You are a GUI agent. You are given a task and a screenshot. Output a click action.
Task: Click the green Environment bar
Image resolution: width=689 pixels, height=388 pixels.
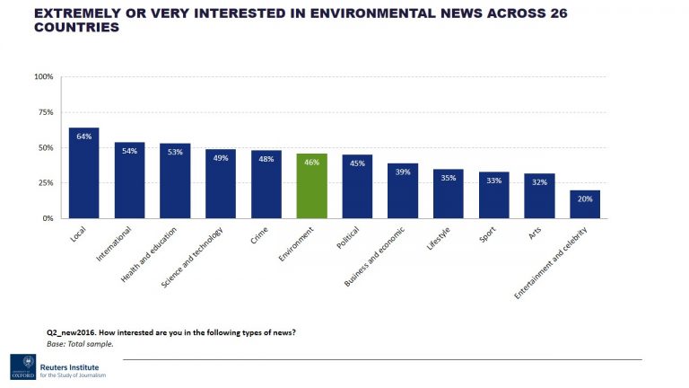click(311, 186)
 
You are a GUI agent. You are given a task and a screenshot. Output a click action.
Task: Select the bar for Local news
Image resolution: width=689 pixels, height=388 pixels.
click(83, 173)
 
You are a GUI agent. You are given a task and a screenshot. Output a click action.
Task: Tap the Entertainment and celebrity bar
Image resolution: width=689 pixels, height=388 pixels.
click(585, 204)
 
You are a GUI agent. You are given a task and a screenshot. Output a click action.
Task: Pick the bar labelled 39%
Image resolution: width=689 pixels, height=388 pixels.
click(403, 190)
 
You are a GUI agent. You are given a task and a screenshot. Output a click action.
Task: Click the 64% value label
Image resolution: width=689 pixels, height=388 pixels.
click(83, 137)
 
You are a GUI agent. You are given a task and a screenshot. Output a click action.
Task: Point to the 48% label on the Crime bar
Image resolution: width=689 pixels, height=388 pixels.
click(266, 159)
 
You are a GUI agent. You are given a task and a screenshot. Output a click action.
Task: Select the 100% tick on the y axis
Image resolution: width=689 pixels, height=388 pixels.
click(44, 77)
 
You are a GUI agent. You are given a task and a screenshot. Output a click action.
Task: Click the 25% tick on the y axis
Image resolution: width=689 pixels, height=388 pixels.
click(46, 182)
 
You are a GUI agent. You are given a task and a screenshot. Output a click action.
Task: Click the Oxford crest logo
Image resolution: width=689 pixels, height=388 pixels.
click(22, 366)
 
